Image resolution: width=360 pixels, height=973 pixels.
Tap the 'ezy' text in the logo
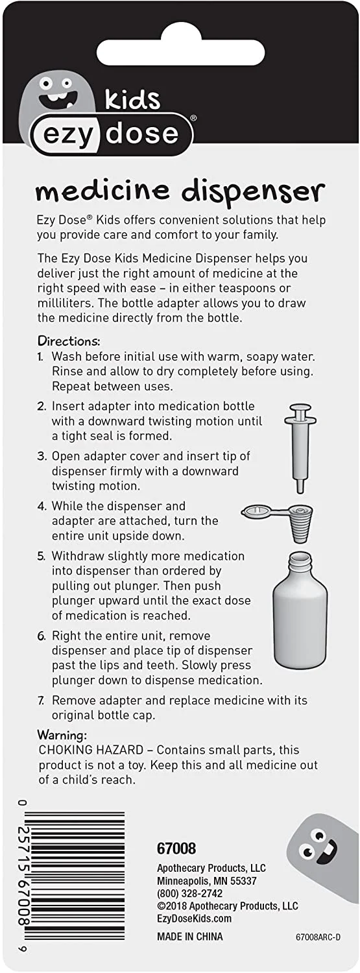pos(68,136)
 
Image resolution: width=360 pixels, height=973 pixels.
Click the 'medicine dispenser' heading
pos(180,192)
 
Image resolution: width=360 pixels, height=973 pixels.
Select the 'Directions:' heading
pos(69,341)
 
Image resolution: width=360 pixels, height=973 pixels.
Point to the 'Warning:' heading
pos(62,735)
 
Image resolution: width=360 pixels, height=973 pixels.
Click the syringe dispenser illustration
pos(300,448)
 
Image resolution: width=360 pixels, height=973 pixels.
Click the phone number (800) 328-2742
pos(190,893)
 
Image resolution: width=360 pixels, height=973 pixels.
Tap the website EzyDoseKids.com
pos(194,919)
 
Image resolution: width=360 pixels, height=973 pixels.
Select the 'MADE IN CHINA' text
pos(190,937)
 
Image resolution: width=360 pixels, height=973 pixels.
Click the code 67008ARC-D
pos(318,937)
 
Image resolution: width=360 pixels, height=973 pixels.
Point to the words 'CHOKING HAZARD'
pos(91,750)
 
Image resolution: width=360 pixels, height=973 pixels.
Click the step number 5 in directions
pos(41,557)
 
